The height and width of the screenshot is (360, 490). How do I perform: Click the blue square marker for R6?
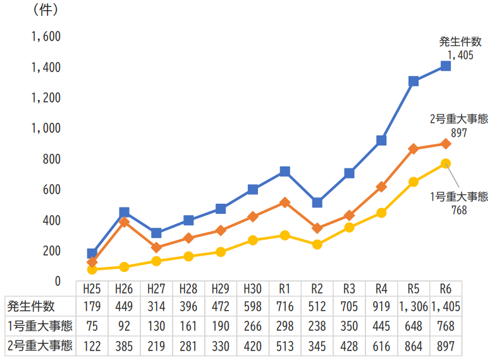coord(446,66)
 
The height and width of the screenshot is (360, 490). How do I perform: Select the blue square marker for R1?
coord(285,171)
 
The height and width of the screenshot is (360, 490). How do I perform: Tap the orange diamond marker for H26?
coord(124,222)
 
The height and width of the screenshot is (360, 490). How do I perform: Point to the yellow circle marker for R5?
coord(413,182)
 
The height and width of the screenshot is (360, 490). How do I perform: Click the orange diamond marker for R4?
coord(381,187)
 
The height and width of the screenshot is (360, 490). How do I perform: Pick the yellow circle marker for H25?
coord(92,270)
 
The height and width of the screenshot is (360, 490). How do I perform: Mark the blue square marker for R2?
coord(317,202)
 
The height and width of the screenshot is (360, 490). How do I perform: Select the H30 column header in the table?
coord(252,289)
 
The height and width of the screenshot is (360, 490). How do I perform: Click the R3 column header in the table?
coord(349,289)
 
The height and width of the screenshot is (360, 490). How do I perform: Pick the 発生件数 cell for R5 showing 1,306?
coord(413,307)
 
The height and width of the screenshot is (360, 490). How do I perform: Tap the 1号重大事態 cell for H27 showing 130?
coord(156,326)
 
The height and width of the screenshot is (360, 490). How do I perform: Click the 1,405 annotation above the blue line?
coord(460,55)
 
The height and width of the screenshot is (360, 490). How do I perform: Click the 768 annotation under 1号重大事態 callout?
coord(459,209)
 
